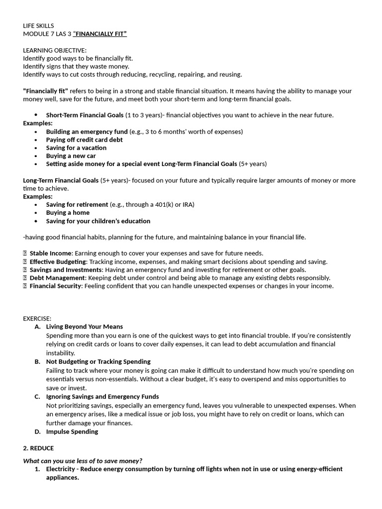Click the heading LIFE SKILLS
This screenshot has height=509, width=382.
pos(38,25)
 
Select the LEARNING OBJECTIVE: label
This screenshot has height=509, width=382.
pos(55,50)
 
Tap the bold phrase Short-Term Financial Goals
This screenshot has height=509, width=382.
pos(85,115)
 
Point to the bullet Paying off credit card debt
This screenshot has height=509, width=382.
pos(84,140)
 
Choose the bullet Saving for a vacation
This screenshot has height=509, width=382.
pos(76,148)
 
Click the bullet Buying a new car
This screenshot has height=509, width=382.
pos(71,156)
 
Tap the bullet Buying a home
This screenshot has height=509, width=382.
pos(68,213)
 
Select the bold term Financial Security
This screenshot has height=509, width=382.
pos(55,286)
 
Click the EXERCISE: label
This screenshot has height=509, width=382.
pos(37,319)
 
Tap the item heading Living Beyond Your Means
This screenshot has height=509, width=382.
pos(84,327)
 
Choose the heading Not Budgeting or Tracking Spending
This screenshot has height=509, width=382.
pos(98,361)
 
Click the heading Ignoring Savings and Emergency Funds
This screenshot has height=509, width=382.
pos(102,397)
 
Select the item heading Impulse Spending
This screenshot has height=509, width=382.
pos(72,431)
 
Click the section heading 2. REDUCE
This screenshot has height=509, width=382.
pos(38,448)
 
